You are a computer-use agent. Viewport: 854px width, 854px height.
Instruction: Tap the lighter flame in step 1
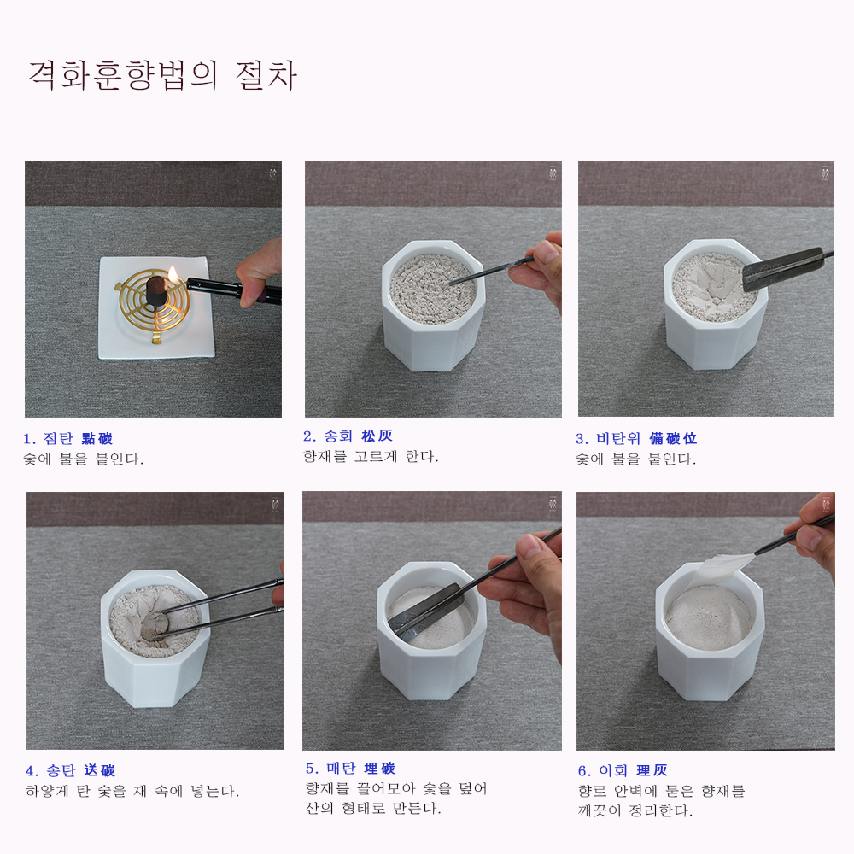tap(173, 273)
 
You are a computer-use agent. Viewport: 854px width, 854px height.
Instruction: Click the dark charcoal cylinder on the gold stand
tap(157, 291)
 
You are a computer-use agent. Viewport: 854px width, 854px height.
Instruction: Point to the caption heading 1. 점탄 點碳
tap(67, 438)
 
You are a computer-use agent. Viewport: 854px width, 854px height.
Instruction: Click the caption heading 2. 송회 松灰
tap(348, 436)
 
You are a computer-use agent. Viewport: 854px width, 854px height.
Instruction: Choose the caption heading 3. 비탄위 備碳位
tap(636, 438)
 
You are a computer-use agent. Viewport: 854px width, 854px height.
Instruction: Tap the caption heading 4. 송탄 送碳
tap(70, 770)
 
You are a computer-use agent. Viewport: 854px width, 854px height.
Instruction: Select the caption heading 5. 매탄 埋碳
tap(350, 769)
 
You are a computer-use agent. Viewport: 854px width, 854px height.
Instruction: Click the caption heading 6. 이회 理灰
tap(623, 770)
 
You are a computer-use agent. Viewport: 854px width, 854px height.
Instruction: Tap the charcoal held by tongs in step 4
tap(153, 626)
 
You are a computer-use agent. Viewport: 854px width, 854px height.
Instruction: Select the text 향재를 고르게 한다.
tap(371, 456)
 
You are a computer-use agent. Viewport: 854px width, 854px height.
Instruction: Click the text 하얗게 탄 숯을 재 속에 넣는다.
tap(132, 791)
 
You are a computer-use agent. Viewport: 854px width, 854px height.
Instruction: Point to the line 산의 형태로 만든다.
tap(373, 808)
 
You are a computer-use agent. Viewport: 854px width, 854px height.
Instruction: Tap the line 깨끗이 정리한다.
tap(635, 810)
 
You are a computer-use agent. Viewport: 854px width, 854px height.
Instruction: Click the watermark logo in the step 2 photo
tap(553, 173)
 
